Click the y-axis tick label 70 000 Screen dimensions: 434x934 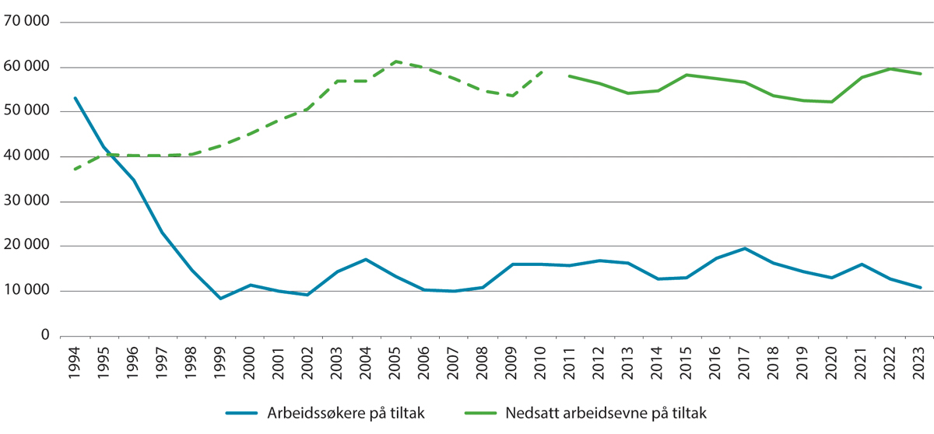click(x=26, y=22)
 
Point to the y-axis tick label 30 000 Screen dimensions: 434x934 click(x=26, y=201)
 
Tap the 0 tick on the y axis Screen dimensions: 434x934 click(x=44, y=336)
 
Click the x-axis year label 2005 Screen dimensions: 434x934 click(x=395, y=363)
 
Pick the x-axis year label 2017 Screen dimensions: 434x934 click(x=745, y=363)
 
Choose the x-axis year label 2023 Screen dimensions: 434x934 click(x=920, y=363)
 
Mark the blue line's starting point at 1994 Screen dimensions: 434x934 click(x=75, y=98)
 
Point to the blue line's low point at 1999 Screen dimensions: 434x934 click(x=221, y=299)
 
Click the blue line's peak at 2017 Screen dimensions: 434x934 click(x=745, y=249)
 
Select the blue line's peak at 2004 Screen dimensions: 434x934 click(x=367, y=259)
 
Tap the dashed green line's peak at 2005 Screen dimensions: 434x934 click(x=395, y=61)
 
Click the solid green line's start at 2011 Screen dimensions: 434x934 click(x=571, y=76)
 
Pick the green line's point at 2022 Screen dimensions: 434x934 click(x=890, y=68)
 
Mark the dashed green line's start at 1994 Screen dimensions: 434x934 click(x=75, y=169)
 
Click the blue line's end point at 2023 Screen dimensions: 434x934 click(x=920, y=288)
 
